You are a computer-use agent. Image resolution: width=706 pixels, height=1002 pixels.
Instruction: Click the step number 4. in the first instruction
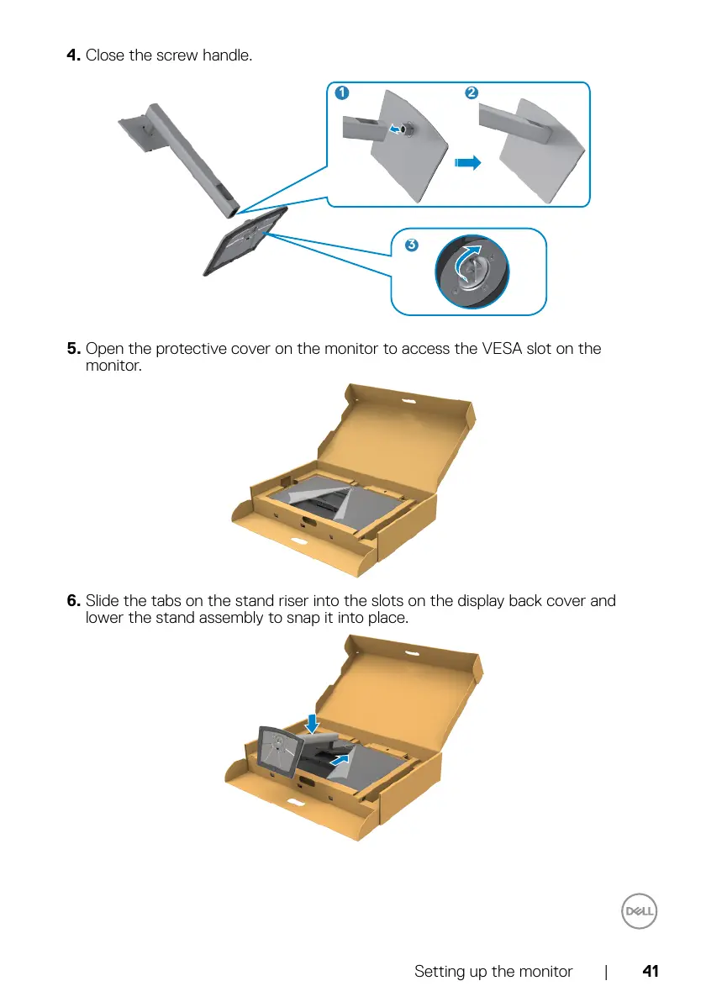click(x=75, y=55)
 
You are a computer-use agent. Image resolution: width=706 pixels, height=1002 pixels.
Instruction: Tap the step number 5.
click(x=74, y=348)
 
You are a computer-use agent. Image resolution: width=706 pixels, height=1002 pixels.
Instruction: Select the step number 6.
click(x=74, y=601)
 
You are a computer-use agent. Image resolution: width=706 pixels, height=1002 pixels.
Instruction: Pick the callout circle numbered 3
click(x=410, y=245)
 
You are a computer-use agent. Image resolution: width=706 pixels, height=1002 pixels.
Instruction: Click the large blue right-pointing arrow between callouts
click(x=467, y=162)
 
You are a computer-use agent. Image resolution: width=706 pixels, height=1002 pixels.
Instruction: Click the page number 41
click(x=650, y=972)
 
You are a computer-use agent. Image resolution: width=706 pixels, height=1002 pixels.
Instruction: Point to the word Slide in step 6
click(x=103, y=601)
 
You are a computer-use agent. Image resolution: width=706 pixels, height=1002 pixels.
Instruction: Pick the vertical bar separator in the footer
click(x=606, y=972)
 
